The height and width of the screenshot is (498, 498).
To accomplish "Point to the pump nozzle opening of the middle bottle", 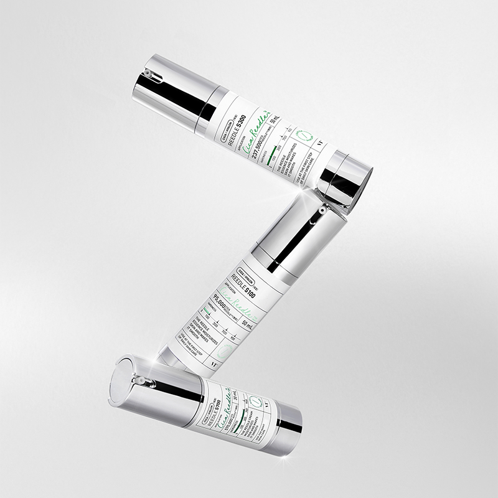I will point(321,212).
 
